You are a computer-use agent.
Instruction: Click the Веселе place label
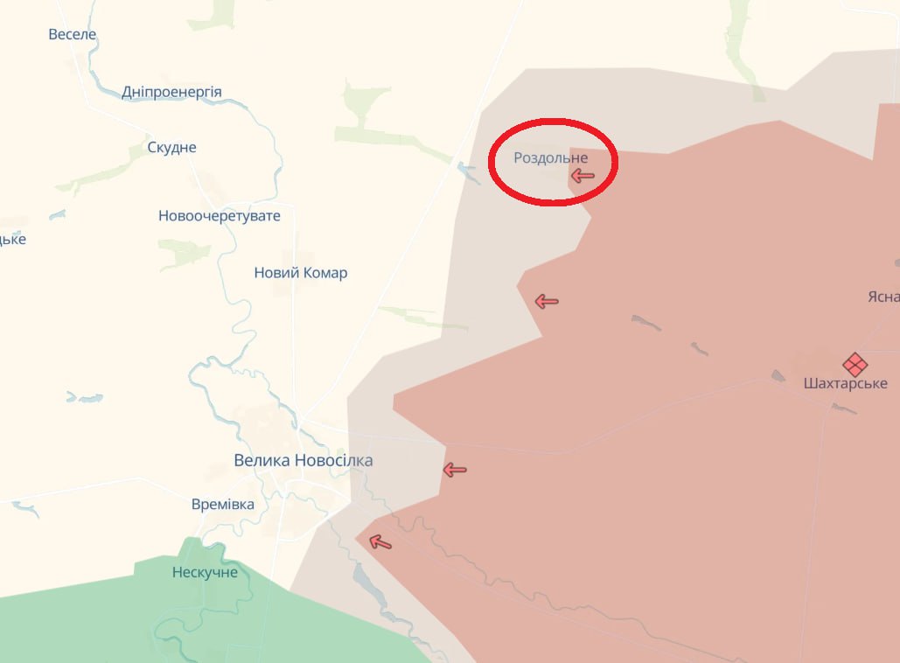point(73,34)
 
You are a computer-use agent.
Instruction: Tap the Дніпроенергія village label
point(171,92)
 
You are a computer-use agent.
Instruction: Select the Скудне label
point(172,147)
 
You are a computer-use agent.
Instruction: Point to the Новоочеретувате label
point(220,215)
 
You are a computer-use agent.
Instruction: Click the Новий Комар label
point(301,273)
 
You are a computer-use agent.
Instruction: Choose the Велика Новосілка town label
point(303,460)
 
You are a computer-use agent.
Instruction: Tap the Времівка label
point(223,504)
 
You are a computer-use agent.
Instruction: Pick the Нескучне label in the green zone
point(205,572)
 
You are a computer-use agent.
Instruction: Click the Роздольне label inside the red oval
point(551,157)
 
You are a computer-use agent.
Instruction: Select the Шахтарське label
point(845,383)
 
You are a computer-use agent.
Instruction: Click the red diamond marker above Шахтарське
point(855,364)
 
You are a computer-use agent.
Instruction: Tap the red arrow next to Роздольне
point(582,176)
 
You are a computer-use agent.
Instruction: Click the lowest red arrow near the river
point(380,542)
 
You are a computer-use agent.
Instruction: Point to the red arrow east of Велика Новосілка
point(454,470)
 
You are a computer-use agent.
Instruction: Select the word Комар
point(325,273)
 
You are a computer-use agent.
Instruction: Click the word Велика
point(262,460)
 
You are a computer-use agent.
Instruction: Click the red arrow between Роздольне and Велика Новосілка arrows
point(547,302)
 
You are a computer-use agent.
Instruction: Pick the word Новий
point(276,273)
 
